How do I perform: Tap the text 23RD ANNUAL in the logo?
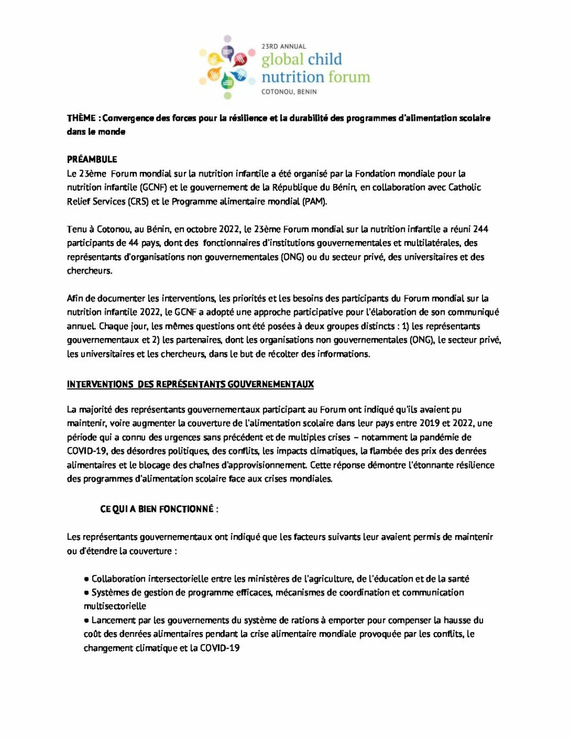[x=284, y=46]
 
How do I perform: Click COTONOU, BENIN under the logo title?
[x=289, y=92]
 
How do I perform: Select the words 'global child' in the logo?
[x=302, y=60]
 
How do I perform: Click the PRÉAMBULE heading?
[x=92, y=160]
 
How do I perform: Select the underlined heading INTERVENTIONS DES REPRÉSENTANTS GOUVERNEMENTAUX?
[x=190, y=384]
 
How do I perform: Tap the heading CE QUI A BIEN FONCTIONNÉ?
[x=159, y=509]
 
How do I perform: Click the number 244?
[x=480, y=229]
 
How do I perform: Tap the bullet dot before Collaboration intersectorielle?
[x=87, y=579]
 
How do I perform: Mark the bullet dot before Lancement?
[x=87, y=621]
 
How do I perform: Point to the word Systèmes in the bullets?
[x=109, y=593]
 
